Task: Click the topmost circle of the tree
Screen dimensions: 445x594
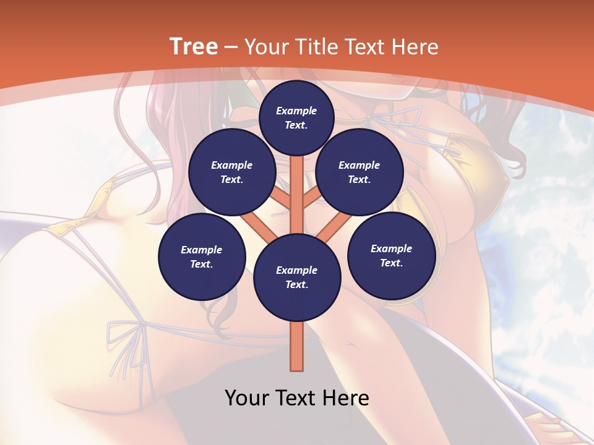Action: tap(296, 117)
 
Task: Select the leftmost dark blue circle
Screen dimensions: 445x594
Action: tap(202, 256)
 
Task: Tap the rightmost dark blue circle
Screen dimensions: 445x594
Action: tap(391, 255)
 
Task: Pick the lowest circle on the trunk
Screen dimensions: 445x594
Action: tap(297, 277)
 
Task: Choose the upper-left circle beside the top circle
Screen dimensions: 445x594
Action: tap(232, 172)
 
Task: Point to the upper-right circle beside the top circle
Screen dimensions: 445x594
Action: tap(359, 172)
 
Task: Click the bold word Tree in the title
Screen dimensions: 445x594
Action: tap(194, 46)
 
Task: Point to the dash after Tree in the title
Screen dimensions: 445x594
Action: tap(231, 48)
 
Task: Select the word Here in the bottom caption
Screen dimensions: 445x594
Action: tap(347, 398)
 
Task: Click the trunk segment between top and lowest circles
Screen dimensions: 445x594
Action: tap(297, 192)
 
